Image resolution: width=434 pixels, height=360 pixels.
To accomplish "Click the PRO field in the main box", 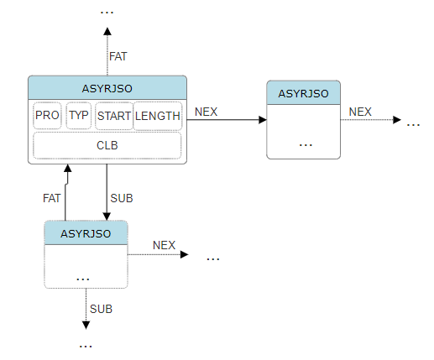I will (47, 116).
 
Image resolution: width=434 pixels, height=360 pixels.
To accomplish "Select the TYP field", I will (79, 116).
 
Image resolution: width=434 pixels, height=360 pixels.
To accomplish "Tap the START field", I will (113, 116).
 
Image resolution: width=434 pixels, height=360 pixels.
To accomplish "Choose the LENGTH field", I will (158, 116).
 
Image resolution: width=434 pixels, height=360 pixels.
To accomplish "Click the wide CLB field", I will (107, 145).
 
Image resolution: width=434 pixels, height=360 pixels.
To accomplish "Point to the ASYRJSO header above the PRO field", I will (107, 87).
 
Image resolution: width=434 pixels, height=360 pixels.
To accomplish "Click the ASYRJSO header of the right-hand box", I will (304, 92).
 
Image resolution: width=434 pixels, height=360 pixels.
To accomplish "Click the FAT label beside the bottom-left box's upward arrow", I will (52, 198).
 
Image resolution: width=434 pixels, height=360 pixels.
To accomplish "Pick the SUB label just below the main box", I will (122, 198).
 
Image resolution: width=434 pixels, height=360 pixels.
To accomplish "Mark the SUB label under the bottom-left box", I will (101, 309).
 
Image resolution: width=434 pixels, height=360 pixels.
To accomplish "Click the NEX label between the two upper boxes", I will (207, 111).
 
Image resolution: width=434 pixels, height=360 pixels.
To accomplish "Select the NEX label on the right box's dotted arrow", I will (360, 111).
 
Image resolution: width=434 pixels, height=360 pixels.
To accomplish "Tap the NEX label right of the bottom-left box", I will (164, 245).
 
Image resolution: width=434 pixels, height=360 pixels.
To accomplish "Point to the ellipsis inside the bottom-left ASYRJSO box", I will (84, 276).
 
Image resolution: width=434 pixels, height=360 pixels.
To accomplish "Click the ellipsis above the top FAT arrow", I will (107, 11).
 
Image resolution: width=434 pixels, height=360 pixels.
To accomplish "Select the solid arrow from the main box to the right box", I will (227, 120).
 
